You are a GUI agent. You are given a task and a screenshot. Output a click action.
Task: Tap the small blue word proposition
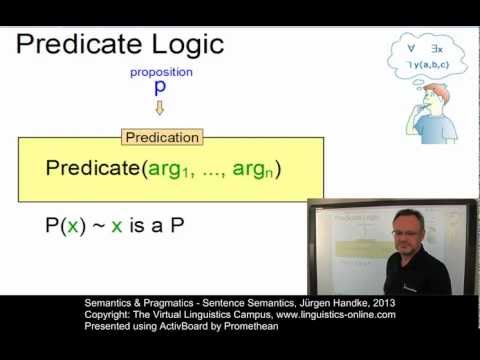pyautogui.click(x=161, y=71)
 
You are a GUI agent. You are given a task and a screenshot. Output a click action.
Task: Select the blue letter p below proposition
pyautogui.click(x=160, y=88)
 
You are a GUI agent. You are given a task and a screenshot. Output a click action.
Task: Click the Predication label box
pyautogui.click(x=161, y=137)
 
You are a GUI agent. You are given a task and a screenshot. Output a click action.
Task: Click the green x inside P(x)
pyautogui.click(x=67, y=225)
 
